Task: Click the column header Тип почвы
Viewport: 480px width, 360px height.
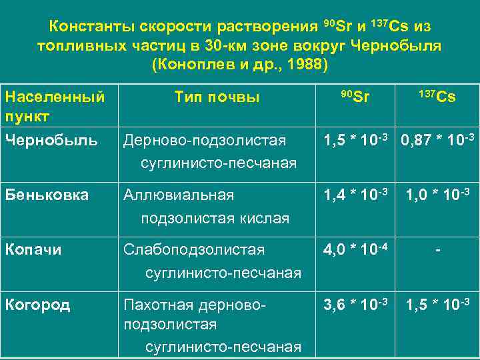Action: click(x=217, y=97)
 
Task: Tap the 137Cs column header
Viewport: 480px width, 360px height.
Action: click(x=437, y=97)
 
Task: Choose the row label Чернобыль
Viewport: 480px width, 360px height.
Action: click(x=51, y=140)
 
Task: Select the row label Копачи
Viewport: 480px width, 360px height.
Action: click(x=33, y=249)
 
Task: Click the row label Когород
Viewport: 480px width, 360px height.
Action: click(x=37, y=305)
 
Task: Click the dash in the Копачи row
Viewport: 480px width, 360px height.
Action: click(x=437, y=250)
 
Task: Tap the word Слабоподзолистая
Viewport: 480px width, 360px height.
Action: click(x=194, y=249)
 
